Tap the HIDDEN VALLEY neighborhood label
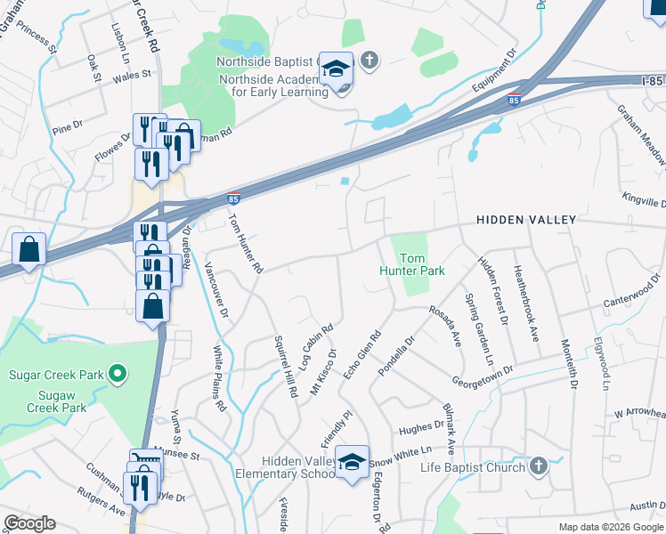(x=526, y=219)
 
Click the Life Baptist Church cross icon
(x=538, y=466)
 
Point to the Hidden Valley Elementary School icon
(x=353, y=462)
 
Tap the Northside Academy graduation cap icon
(x=337, y=69)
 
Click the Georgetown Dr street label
(x=483, y=372)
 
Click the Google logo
(x=30, y=522)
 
